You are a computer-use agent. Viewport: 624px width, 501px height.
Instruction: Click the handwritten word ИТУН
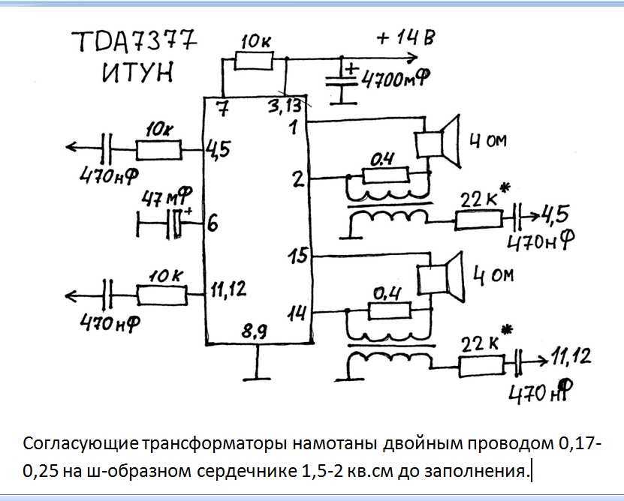137,73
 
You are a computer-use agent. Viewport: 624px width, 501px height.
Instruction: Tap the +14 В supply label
405,37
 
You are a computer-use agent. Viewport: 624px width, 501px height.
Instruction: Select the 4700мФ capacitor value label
395,77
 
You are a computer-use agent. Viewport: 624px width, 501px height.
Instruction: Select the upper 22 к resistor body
478,218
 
